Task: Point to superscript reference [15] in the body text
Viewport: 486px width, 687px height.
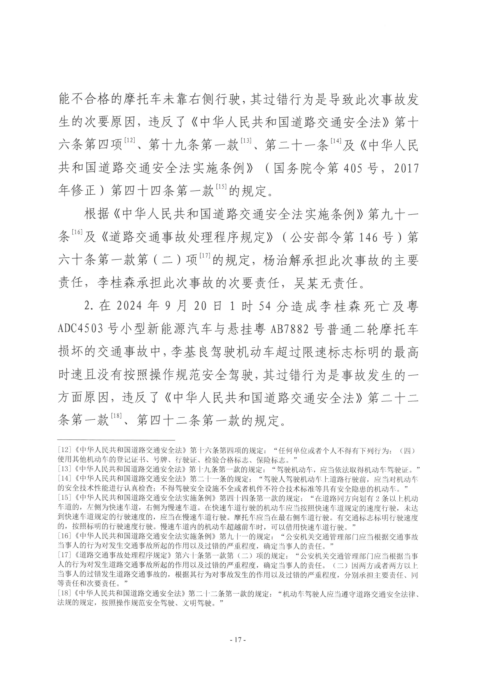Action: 221,186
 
